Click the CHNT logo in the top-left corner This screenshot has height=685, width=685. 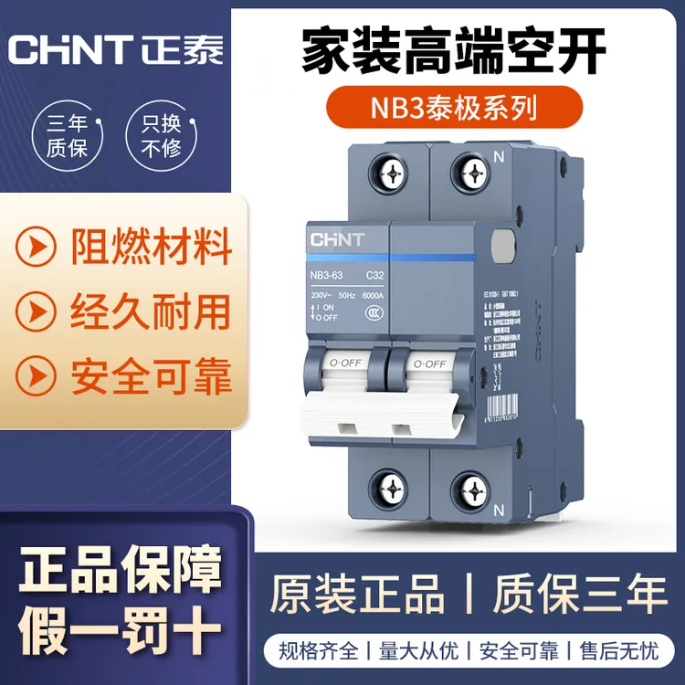pyautogui.click(x=115, y=47)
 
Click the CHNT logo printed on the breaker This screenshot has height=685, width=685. pyautogui.click(x=338, y=240)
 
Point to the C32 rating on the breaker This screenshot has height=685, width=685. pyautogui.click(x=374, y=274)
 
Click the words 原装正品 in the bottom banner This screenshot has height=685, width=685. pyautogui.click(x=357, y=595)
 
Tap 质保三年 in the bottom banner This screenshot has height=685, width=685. pyautogui.click(x=580, y=595)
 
